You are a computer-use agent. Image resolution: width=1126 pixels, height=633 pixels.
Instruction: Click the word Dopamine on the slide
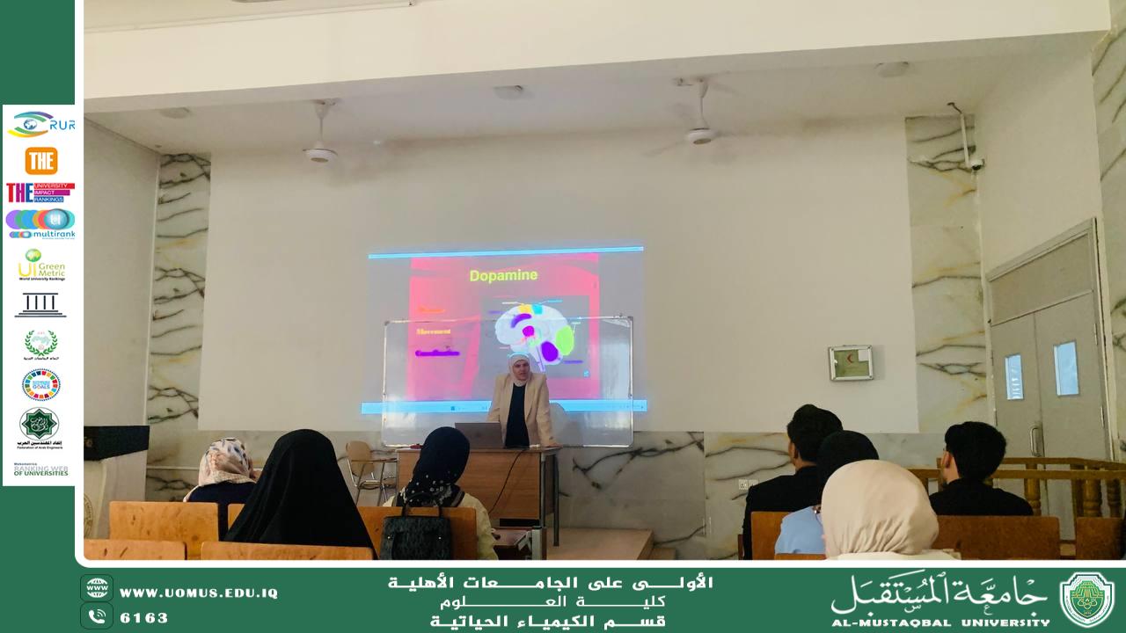point(503,276)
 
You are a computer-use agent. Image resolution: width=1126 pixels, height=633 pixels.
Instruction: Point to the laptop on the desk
point(477,434)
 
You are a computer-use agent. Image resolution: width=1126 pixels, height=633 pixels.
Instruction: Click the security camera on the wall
point(975,164)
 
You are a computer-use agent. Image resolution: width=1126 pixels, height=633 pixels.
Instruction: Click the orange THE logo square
point(40,161)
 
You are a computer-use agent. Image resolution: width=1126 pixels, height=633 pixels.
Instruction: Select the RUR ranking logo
point(40,125)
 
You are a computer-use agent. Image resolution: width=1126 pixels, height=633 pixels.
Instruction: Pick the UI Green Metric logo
point(40,265)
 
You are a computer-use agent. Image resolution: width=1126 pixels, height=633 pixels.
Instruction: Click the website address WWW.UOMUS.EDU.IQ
point(199,593)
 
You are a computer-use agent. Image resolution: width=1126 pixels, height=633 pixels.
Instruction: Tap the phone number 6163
point(144,618)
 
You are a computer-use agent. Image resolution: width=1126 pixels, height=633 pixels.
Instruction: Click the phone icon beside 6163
point(97,616)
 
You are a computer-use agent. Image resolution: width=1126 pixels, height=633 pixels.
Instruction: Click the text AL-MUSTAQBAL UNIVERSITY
point(940,622)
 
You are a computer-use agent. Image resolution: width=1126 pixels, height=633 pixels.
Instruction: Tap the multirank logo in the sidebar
point(40,224)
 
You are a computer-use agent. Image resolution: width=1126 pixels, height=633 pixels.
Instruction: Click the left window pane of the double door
point(1014,376)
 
